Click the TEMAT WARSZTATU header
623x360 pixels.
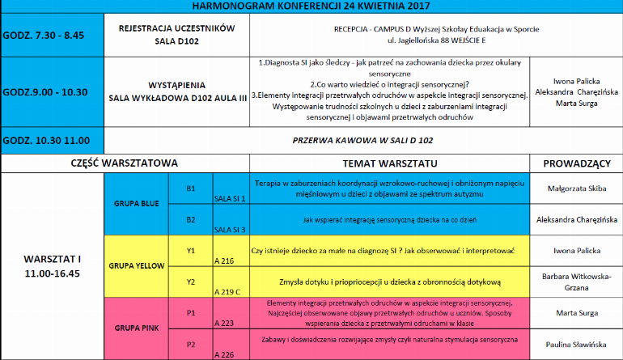pos(388,163)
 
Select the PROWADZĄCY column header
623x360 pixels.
pos(576,163)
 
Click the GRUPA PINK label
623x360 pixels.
pos(136,328)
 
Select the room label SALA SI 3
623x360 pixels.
pos(229,230)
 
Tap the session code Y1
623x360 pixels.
pos(191,250)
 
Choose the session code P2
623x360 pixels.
pos(191,344)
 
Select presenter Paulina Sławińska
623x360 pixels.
pos(576,344)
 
